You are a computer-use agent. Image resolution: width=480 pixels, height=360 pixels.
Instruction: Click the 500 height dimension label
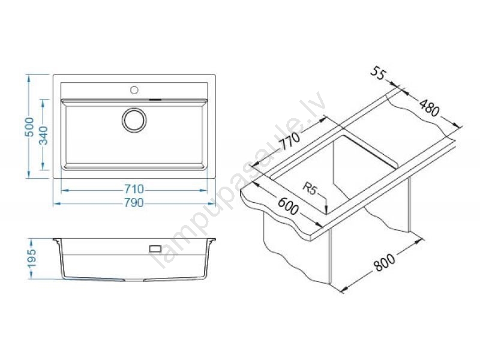point(29,127)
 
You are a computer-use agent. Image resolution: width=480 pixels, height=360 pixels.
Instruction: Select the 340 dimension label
point(44,135)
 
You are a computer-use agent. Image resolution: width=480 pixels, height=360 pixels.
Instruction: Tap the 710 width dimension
point(134,189)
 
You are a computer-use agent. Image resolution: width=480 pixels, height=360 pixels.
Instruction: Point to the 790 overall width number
point(134,203)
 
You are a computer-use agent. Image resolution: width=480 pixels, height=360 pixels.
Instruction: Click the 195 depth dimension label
point(32,258)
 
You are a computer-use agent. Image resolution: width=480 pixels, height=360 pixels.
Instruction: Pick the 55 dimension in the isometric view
point(379,74)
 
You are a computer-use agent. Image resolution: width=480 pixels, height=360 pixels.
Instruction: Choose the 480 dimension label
point(429,108)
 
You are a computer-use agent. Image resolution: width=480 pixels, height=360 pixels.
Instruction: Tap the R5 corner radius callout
point(310,188)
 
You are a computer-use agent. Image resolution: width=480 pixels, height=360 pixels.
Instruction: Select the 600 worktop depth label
point(288,206)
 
